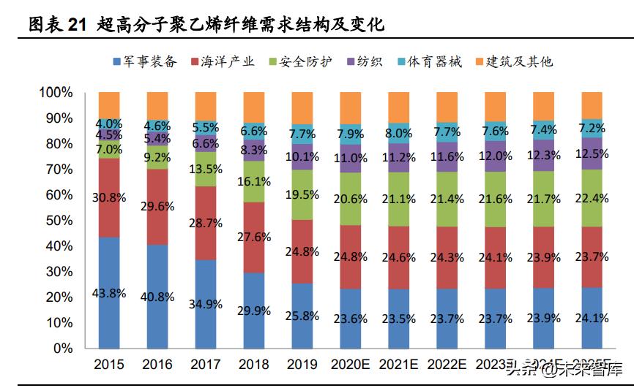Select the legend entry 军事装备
[145, 61]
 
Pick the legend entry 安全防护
[299, 61]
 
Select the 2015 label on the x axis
[109, 365]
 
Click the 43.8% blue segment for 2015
[109, 292]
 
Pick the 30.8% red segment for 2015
[109, 197]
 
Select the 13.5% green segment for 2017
[206, 169]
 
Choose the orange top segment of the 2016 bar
[157, 106]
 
